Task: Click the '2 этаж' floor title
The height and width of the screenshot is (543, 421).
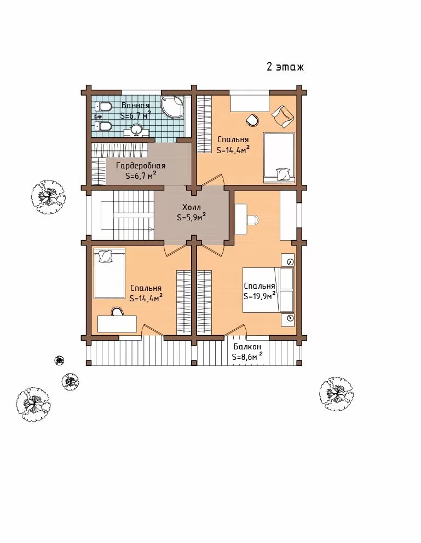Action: (285, 66)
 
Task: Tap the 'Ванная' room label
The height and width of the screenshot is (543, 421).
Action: (136, 106)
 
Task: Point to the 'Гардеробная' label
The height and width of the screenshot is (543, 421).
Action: (141, 166)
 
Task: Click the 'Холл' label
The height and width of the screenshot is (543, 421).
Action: (192, 207)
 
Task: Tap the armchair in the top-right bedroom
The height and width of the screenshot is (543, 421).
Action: (284, 116)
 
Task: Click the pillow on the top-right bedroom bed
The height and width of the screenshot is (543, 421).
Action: (283, 174)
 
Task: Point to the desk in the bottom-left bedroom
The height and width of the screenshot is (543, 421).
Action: (117, 324)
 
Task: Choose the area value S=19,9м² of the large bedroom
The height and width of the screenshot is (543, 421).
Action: (259, 296)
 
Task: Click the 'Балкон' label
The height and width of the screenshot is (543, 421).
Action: (247, 347)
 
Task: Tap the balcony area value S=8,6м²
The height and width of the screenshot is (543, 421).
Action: (247, 357)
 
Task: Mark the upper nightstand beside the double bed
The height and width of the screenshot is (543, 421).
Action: (287, 260)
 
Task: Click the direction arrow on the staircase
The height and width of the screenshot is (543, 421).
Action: (151, 229)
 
